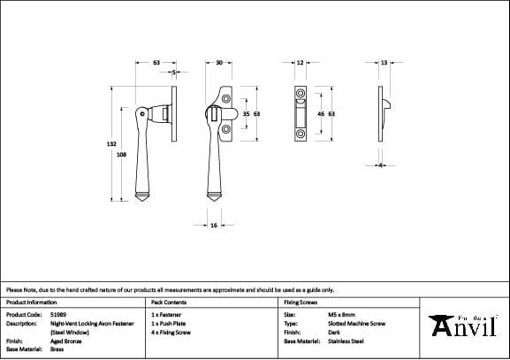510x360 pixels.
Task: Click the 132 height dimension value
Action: click(111, 143)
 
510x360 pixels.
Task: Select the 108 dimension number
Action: click(121, 154)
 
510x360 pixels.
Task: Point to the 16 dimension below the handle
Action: click(214, 226)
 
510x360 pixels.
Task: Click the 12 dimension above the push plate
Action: click(300, 63)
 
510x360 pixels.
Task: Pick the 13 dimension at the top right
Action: click(384, 63)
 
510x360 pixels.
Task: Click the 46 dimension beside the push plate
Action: click(321, 114)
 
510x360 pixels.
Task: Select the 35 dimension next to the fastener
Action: click(247, 114)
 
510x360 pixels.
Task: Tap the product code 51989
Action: click(59, 314)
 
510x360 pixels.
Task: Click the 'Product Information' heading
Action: click(31, 303)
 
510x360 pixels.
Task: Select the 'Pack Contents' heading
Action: click(169, 303)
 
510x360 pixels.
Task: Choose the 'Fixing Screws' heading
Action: click(301, 303)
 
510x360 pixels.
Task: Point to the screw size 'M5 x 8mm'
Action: click(340, 314)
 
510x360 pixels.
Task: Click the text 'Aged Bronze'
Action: click(66, 341)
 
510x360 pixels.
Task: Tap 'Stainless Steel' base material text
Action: click(346, 341)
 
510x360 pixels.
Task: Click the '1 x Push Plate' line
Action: click(170, 323)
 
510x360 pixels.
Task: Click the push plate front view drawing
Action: click(300, 114)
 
